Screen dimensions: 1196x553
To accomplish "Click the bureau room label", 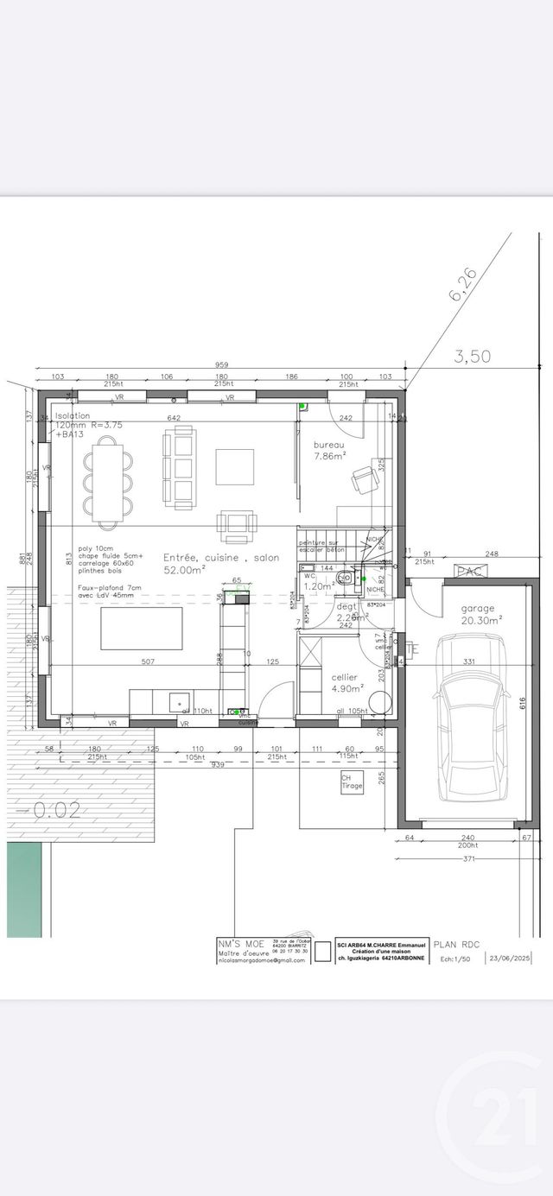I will [x=329, y=444].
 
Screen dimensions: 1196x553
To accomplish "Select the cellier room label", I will [x=345, y=677].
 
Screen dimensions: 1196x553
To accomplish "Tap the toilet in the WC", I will [x=345, y=579].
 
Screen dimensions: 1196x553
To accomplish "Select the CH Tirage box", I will [x=352, y=782].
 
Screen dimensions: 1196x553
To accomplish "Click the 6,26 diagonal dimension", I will [x=462, y=284].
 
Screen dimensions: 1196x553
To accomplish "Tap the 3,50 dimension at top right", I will [x=474, y=355].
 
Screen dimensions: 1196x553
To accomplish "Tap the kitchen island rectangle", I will [x=142, y=629].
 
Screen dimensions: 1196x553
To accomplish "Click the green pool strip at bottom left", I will [x=24, y=889].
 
